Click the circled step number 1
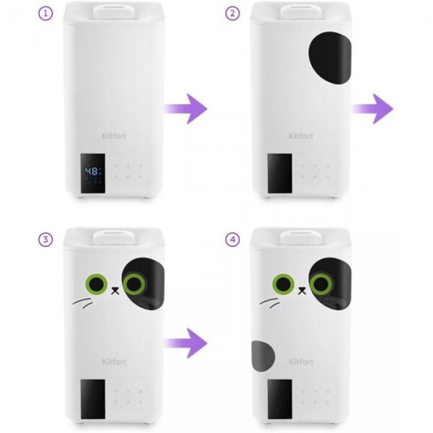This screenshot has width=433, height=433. pos(45,13)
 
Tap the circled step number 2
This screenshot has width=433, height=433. pos(233,13)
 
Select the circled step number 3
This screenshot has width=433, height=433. pos(45,239)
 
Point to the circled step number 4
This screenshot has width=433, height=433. pos(233,239)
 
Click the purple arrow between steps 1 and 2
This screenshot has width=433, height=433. pos(186,108)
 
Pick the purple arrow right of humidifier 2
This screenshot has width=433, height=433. pos(372,108)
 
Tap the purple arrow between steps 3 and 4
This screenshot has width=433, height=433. pos(186,343)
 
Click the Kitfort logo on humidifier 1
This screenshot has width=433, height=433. pos(114,136)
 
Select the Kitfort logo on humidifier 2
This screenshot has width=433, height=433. pos(301,136)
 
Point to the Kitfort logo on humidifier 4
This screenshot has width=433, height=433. pos(301,362)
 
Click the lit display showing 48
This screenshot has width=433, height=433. pos(93,173)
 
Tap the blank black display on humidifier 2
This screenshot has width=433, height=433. pos(280,173)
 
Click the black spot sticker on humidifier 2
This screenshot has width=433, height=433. pos(330,58)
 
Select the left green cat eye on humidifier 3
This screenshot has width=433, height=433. pos(96,284)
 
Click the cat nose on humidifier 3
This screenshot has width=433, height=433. pos(115,291)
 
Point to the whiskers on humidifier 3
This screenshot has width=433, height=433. pos(83,303)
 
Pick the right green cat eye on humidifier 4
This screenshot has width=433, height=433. pos(321,284)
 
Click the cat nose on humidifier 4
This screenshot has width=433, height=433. pos(302,291)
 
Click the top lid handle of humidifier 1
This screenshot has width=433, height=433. pos(114,12)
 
